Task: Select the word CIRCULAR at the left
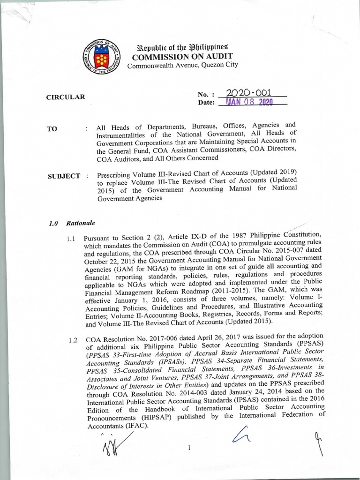[66, 97]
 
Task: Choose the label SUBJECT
[64, 177]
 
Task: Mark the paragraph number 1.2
[72, 340]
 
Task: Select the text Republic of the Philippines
[181, 47]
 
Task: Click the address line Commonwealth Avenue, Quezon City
[182, 65]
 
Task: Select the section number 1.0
[53, 224]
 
